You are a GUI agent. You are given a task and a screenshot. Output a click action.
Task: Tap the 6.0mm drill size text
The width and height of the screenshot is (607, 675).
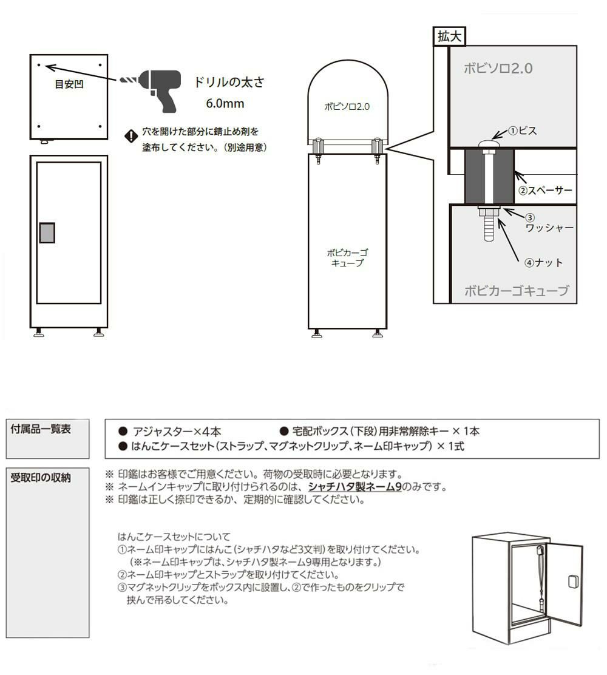coord(225,103)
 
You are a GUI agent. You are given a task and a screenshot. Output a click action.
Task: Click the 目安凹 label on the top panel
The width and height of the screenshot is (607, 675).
coord(69,84)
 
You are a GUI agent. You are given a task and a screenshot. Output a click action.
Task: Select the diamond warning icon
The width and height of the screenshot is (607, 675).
coord(131,136)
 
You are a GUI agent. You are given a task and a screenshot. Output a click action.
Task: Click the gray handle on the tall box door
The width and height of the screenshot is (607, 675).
coord(47,232)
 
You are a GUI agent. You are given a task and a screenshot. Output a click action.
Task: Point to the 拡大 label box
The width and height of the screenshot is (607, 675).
coord(449,36)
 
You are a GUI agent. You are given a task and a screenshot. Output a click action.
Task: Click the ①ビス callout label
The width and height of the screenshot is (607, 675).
coord(522,131)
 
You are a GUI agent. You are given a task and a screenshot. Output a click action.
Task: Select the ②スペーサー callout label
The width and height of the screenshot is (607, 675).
coord(545,190)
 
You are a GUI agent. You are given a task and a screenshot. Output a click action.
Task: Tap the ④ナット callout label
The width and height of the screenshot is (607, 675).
coord(543,263)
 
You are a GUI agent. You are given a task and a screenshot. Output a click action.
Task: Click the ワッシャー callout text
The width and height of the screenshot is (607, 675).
coord(549,227)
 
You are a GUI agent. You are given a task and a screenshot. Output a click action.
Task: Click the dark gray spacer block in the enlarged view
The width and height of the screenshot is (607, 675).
coord(489,176)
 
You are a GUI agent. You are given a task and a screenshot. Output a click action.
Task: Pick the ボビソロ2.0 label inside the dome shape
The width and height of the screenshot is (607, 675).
coord(347,106)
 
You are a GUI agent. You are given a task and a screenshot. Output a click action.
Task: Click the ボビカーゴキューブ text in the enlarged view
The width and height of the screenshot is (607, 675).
coord(517,291)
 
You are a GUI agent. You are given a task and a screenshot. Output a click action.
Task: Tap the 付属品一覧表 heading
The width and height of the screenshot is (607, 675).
coord(41,429)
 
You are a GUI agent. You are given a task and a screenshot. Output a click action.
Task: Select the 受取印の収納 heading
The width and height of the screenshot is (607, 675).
coord(41,477)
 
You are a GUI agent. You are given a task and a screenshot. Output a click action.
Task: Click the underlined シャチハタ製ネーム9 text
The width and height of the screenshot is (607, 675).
coord(354,487)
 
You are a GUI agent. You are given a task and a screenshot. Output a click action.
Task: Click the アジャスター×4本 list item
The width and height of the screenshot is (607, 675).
coord(171,432)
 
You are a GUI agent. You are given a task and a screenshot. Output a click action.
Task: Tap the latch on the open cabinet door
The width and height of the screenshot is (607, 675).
coord(574,581)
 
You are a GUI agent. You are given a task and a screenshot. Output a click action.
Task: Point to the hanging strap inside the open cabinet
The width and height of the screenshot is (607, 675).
coord(540,577)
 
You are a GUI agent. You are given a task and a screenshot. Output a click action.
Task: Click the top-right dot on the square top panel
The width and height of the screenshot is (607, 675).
coord(100,65)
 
